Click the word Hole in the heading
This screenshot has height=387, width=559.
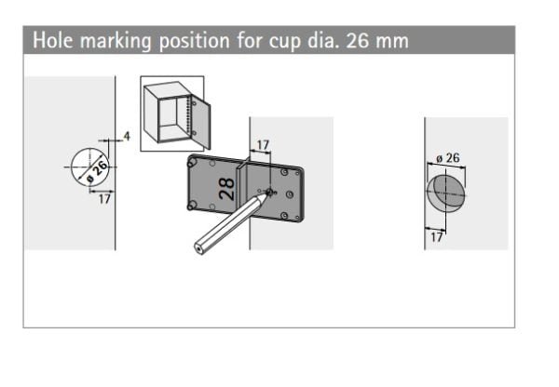tap(53, 40)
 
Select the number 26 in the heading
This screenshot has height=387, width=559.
tap(358, 40)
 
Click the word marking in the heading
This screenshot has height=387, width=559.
tap(116, 41)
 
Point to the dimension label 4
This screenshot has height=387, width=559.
tap(127, 136)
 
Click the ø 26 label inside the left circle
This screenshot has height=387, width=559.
tap(97, 171)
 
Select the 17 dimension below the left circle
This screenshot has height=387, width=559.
tap(104, 199)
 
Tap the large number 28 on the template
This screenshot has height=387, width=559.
tap(227, 189)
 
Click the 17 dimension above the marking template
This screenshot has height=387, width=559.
tap(263, 145)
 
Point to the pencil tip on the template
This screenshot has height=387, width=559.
tap(268, 193)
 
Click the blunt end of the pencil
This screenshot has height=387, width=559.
tap(199, 248)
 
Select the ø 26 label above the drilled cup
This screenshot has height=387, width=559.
tap(448, 158)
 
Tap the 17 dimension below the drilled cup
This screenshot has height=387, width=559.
tap(437, 237)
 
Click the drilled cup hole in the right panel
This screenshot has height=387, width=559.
tap(445, 193)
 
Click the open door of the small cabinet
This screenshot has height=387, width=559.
tap(200, 122)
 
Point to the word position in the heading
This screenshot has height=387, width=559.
tap(195, 41)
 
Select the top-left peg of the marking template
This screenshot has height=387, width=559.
tap(192, 163)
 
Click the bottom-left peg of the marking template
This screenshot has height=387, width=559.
tap(192, 206)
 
